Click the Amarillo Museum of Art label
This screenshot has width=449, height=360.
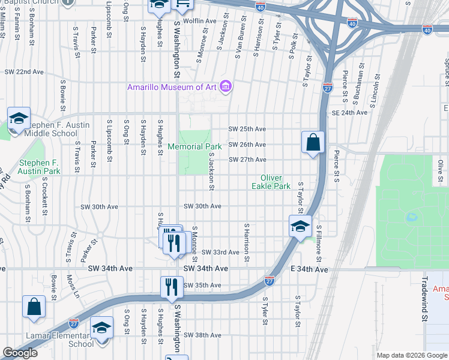(171, 87)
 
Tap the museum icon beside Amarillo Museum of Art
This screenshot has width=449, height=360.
(226, 88)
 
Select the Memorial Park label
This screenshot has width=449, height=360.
(194, 146)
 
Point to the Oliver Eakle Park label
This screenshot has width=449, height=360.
(275, 182)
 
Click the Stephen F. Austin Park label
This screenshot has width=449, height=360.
(39, 167)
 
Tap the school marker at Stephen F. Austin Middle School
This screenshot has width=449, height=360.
(19, 118)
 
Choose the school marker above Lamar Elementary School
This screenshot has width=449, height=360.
(102, 328)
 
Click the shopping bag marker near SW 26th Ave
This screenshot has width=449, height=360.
(313, 143)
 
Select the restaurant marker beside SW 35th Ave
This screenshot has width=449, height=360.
(172, 287)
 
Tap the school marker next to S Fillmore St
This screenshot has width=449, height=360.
(300, 226)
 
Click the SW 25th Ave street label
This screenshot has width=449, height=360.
(247, 129)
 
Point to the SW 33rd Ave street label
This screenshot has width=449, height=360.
(220, 253)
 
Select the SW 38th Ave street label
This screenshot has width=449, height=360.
(202, 335)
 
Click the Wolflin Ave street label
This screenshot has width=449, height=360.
(200, 21)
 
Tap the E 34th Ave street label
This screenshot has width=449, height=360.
(309, 270)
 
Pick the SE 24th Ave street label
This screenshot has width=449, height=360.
(349, 112)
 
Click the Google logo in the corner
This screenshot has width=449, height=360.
(20, 353)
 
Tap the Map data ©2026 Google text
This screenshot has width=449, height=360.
(411, 355)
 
